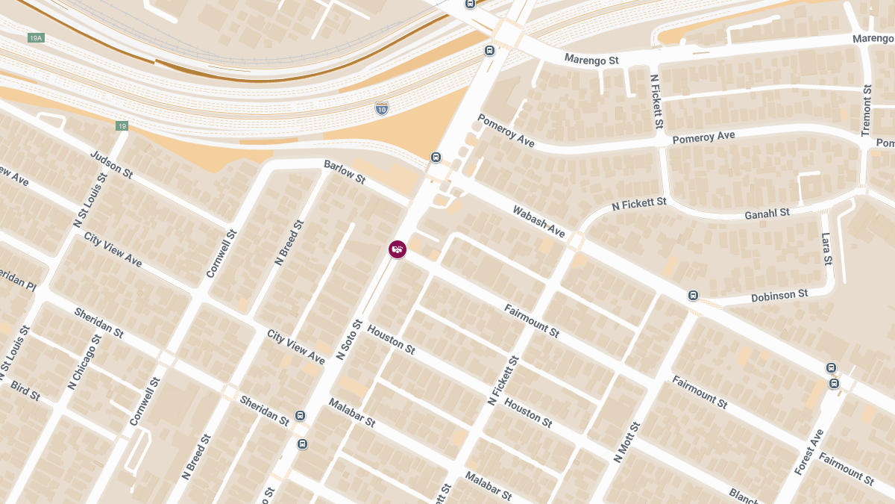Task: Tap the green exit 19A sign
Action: click(x=35, y=38)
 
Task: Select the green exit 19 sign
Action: click(x=122, y=126)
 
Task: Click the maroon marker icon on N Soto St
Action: click(x=398, y=249)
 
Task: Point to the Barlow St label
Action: click(x=345, y=172)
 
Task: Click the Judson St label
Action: click(x=111, y=165)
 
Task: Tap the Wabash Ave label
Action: click(x=538, y=222)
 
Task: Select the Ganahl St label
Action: click(x=767, y=214)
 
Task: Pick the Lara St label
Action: click(x=826, y=249)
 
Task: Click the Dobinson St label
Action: click(x=779, y=296)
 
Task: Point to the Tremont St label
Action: click(x=866, y=111)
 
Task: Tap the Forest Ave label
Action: click(x=808, y=452)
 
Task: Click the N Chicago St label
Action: click(x=84, y=362)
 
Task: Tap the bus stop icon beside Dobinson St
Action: click(x=694, y=296)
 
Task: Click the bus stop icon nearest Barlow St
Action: click(x=436, y=158)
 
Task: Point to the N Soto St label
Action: click(x=349, y=340)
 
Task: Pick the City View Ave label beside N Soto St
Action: click(x=296, y=347)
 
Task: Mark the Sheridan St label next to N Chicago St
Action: click(x=98, y=322)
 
